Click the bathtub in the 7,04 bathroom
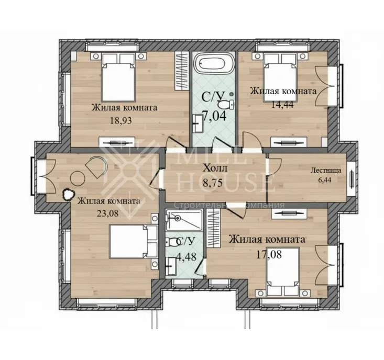(x=212, y=63)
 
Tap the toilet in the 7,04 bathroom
(x=226, y=105)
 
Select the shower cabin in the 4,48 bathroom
(x=184, y=220)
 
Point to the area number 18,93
(x=120, y=120)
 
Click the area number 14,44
(x=282, y=105)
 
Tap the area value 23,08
(x=107, y=213)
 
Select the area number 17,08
(x=269, y=255)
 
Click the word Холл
(x=215, y=168)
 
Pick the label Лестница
(x=326, y=170)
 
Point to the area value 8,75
(x=213, y=183)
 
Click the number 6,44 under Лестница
(x=324, y=180)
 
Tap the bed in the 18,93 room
(x=118, y=77)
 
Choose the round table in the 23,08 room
(x=78, y=178)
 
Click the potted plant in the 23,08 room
(x=68, y=195)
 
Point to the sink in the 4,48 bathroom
(x=171, y=266)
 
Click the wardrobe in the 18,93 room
(x=181, y=71)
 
